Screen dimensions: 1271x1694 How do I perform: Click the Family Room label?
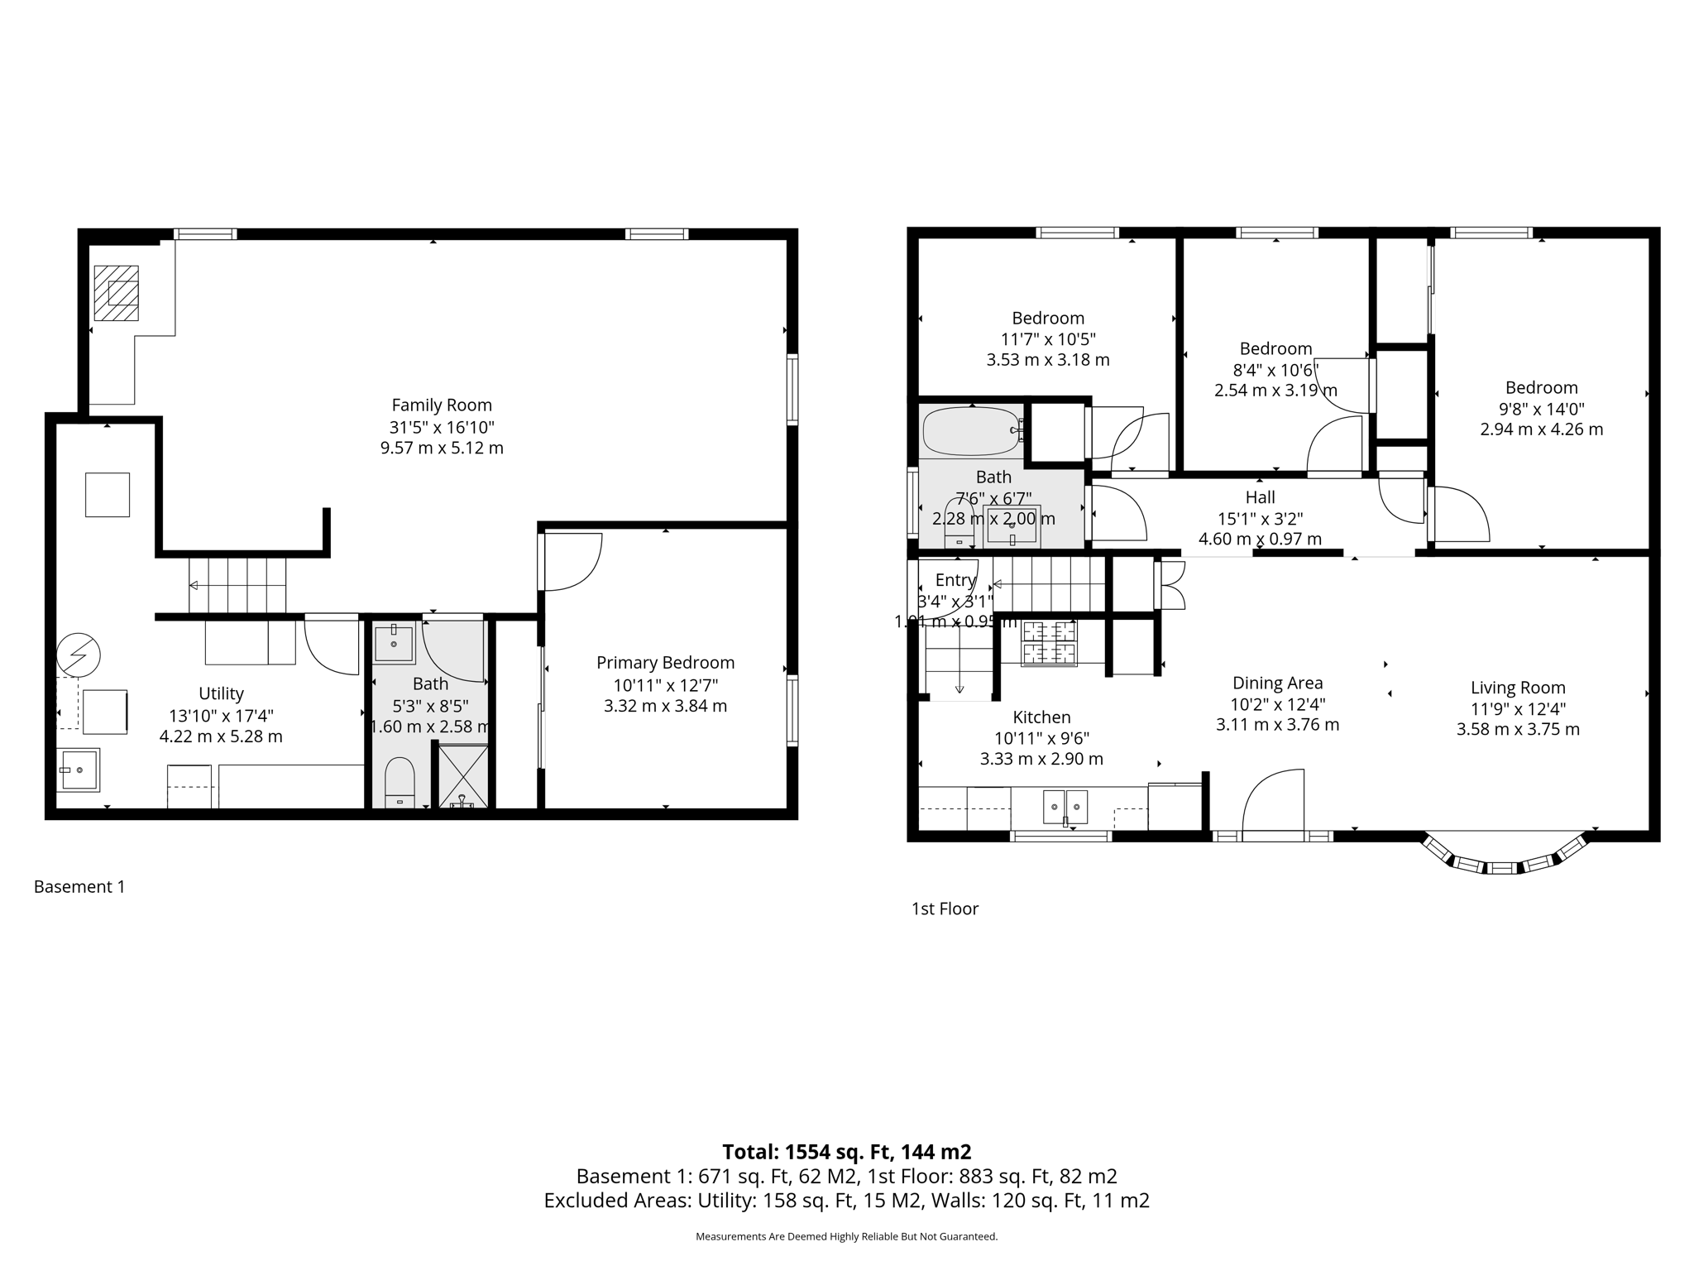442,405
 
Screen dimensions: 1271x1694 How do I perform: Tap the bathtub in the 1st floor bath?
971,431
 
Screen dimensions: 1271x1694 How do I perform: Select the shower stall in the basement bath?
462,776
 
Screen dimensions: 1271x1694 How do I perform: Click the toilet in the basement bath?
400,781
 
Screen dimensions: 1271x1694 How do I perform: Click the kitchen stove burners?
1050,644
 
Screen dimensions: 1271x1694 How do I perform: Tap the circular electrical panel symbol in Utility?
79,656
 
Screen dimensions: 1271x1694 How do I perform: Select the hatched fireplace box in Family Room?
116,293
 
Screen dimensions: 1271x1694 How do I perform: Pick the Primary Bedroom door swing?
572,563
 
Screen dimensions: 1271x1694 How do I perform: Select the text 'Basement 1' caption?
79,887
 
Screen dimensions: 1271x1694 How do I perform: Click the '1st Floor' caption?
945,909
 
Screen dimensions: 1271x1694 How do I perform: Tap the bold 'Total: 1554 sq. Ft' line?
846,1151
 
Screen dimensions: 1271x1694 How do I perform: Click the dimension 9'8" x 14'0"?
1541,409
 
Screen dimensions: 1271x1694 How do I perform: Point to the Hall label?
1260,497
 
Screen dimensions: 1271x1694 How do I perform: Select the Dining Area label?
1277,683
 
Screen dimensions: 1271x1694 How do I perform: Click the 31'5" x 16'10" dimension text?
442,427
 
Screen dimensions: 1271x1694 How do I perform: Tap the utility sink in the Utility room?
79,770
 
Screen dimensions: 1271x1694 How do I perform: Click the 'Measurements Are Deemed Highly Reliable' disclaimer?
846,1236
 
